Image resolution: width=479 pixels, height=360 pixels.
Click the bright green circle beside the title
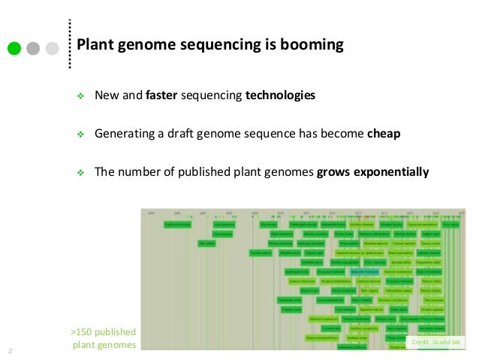pos(14,49)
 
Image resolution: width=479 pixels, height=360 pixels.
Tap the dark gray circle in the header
pos(33,49)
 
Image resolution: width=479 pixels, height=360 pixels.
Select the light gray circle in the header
pos(52,49)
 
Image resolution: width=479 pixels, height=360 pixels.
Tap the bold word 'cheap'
pos(384,134)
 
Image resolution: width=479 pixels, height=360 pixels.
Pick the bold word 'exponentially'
pos(390,171)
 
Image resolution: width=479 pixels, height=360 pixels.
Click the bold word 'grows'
pos(333,171)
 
